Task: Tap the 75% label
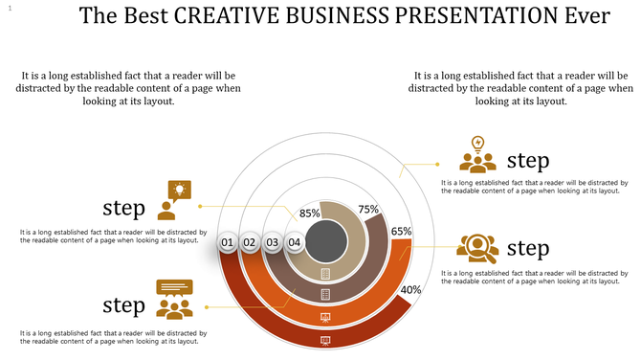368,209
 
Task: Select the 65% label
401,231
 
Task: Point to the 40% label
410,290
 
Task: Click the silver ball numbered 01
228,243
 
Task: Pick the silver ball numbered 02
250,243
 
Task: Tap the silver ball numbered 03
273,243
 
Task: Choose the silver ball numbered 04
295,243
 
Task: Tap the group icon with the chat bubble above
174,299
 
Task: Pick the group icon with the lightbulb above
476,154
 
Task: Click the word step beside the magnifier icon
528,249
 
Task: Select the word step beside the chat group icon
123,304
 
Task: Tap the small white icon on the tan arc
325,274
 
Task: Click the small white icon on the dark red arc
325,339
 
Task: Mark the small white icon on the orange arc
325,317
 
